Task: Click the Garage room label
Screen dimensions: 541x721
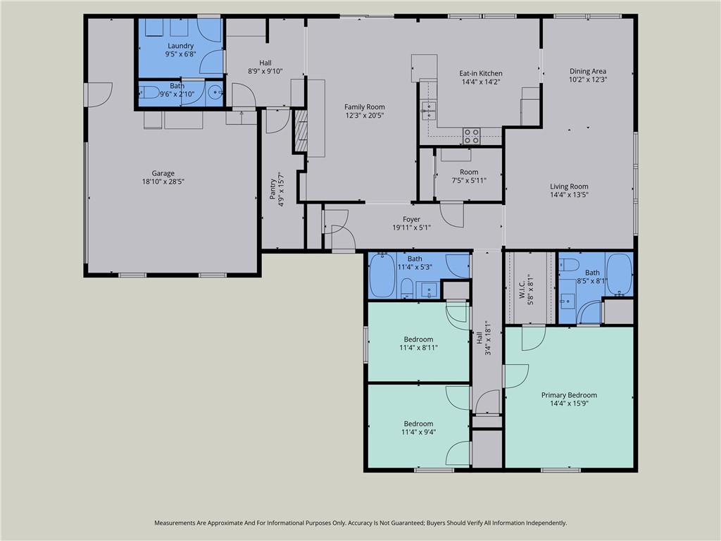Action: [x=163, y=173]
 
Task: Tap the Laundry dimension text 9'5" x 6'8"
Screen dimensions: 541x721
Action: [x=180, y=54]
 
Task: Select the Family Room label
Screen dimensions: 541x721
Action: [x=364, y=107]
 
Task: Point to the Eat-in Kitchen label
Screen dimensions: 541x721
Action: [x=481, y=73]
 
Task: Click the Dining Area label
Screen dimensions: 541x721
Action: [x=588, y=71]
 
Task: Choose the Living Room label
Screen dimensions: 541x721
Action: [x=569, y=187]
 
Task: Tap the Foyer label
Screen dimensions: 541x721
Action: [x=411, y=219]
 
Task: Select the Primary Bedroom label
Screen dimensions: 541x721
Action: [x=569, y=395]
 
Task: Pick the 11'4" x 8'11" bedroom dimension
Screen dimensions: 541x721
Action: [x=419, y=347]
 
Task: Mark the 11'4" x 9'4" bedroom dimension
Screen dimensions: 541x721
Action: [x=418, y=432]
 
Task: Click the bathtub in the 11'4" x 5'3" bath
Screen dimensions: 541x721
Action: [x=382, y=276]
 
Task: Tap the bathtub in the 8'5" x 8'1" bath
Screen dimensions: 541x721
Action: [x=619, y=273]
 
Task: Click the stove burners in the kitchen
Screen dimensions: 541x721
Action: [x=472, y=135]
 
